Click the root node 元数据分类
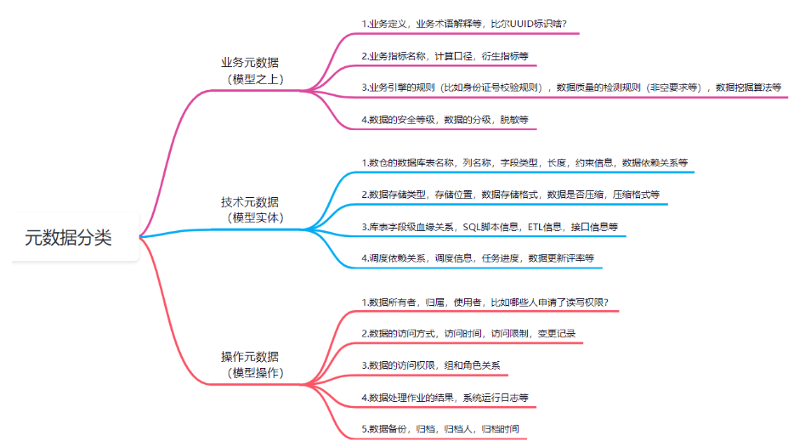coord(68,237)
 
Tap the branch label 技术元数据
coord(249,201)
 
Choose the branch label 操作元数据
coord(249,356)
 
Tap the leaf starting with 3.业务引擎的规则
coord(570,87)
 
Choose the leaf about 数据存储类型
coord(510,195)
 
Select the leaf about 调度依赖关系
coord(477,257)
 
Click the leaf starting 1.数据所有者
coord(485,302)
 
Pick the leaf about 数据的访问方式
coord(468,332)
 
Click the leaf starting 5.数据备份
coord(439,428)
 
